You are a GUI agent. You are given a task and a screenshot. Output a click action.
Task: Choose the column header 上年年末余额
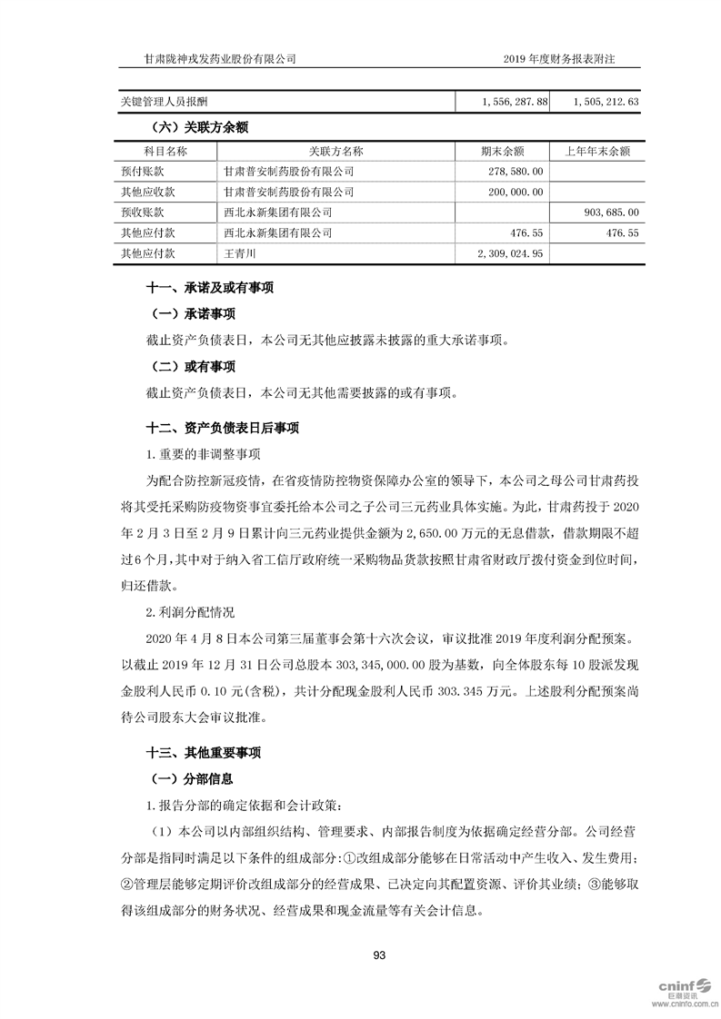point(597,151)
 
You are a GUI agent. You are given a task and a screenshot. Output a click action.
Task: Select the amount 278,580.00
point(515,171)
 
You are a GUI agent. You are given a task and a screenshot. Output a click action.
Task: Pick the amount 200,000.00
point(515,192)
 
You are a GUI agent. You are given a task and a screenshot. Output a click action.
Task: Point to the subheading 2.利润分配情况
point(191,613)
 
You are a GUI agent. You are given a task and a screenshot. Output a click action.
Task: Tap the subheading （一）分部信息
point(190,778)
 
